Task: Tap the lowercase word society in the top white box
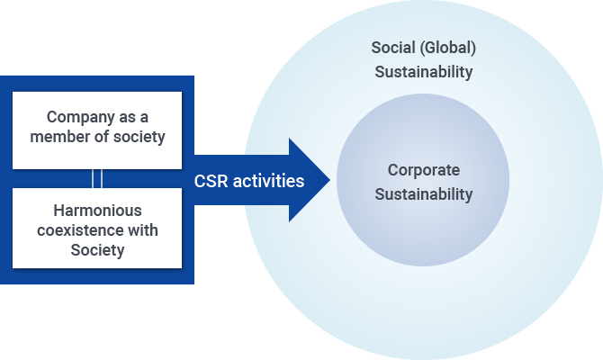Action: [x=142, y=138]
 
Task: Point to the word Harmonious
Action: [x=96, y=211]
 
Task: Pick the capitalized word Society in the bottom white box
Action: [x=96, y=250]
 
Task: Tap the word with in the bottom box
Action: [x=140, y=230]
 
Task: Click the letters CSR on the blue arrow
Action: [x=211, y=181]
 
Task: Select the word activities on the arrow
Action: [x=268, y=181]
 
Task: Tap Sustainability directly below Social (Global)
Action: [x=423, y=72]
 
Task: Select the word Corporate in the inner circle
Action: [x=423, y=170]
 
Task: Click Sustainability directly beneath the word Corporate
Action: [x=423, y=193]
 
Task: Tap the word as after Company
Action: [x=125, y=117]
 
